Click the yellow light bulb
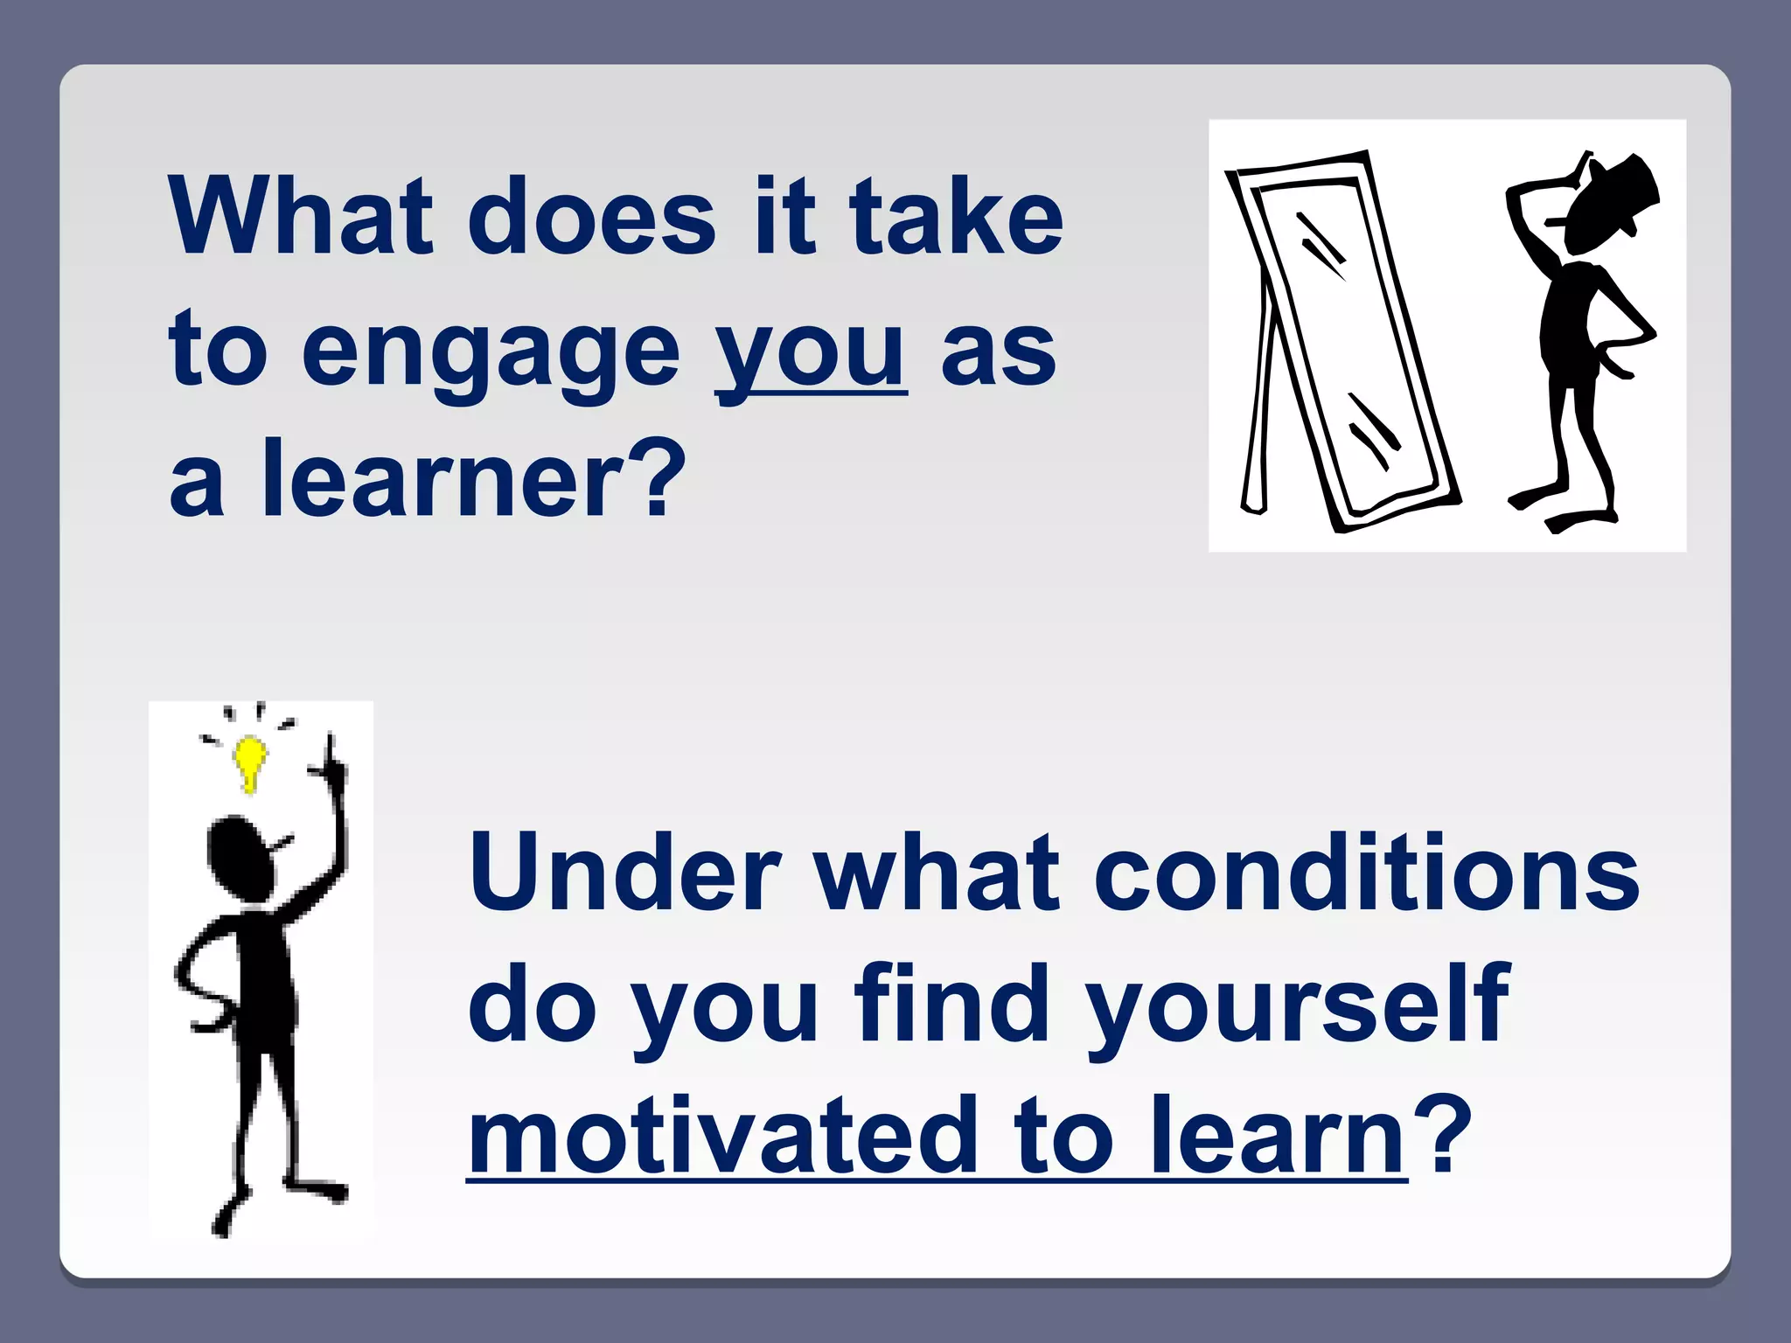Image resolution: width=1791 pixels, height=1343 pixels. pyautogui.click(x=250, y=761)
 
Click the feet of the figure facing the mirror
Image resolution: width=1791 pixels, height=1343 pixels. pyautogui.click(x=1565, y=511)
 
